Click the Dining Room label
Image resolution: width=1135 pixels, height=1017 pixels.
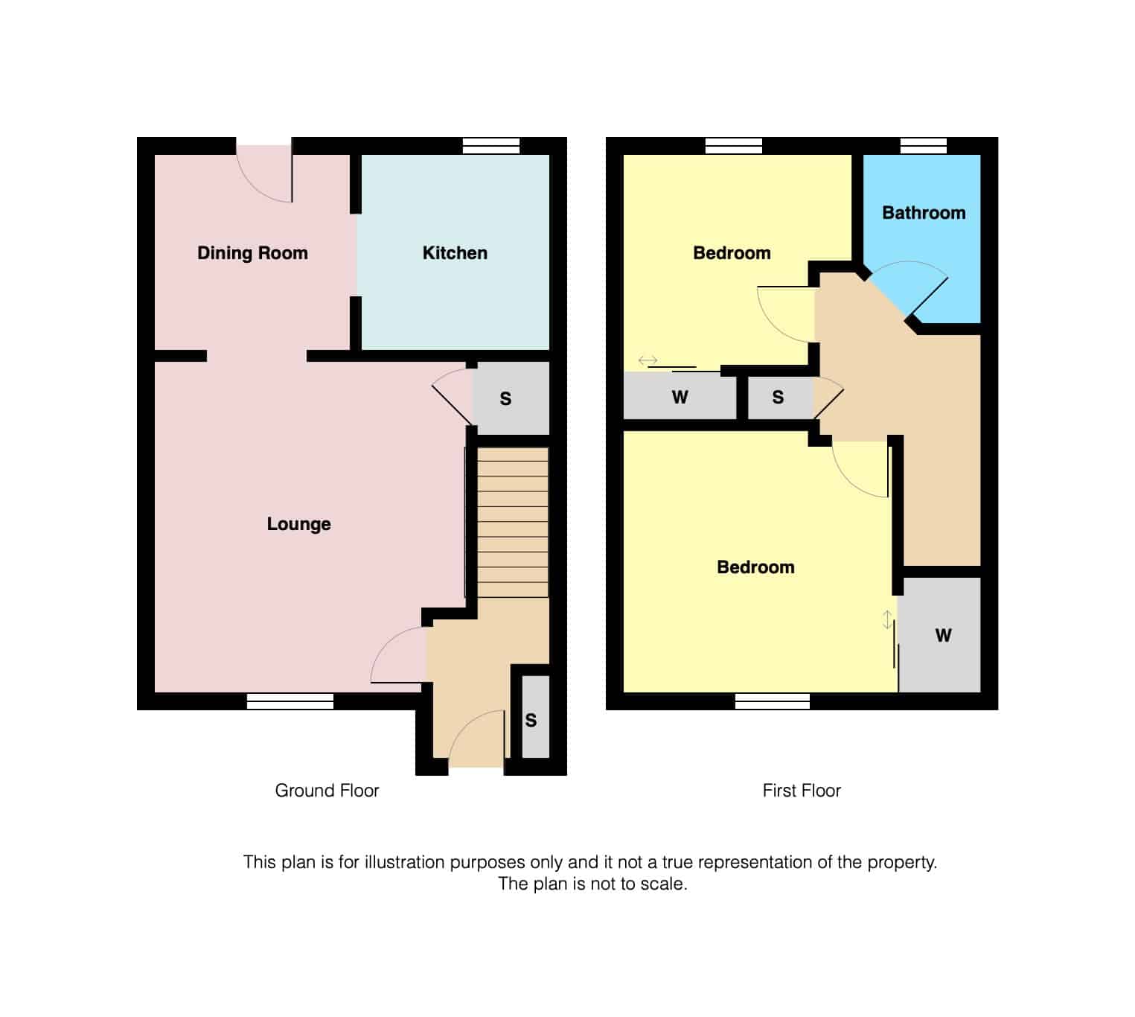(252, 253)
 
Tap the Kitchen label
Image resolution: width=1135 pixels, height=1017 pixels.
(455, 253)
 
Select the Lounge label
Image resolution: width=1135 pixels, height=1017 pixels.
(298, 524)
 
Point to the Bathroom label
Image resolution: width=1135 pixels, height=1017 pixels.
(924, 213)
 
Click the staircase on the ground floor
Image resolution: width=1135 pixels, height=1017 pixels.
(512, 522)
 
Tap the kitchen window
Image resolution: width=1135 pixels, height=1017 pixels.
(490, 146)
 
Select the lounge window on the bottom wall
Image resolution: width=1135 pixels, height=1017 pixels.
(290, 701)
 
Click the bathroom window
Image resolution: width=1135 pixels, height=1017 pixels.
(923, 146)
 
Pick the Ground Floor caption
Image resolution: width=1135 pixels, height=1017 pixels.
(327, 791)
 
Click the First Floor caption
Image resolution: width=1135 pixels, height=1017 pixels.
(802, 791)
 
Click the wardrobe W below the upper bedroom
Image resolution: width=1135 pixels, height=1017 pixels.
(679, 397)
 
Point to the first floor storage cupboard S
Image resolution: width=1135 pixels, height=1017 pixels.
(778, 398)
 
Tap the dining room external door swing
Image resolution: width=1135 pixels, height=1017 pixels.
(263, 176)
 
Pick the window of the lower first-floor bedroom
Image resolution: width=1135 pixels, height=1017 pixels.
(772, 701)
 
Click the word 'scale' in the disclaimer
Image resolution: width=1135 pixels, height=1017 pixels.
(665, 884)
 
